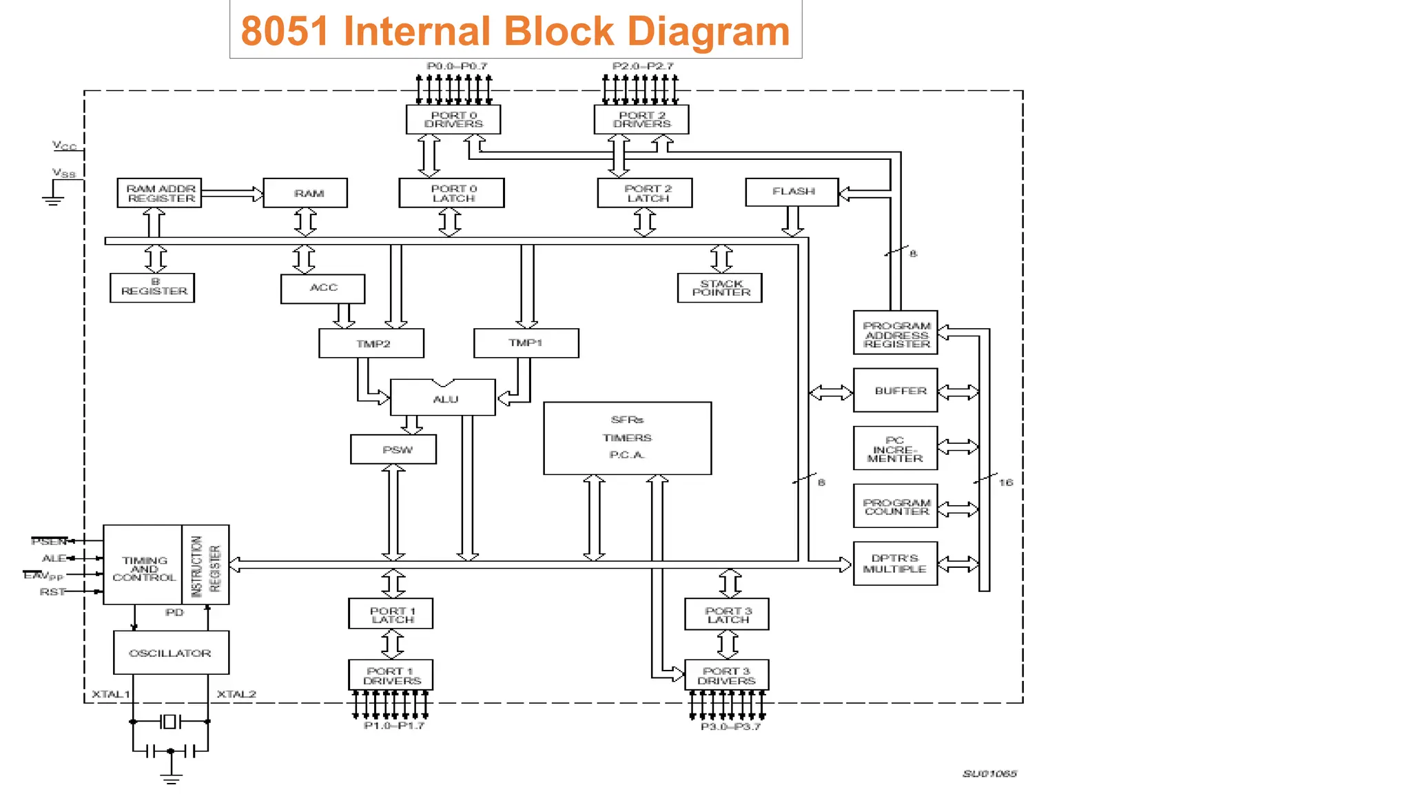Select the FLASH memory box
792,192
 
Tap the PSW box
393,449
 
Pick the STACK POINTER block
720,288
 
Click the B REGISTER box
152,287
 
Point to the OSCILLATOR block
171,653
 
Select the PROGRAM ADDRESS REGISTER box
895,334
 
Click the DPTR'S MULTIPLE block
895,564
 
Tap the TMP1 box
526,343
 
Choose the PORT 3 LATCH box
727,615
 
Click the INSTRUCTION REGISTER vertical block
205,565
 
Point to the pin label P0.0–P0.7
457,66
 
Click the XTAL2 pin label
236,694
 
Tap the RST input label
52,592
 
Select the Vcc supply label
64,145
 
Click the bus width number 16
1006,482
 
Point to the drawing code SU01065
989,774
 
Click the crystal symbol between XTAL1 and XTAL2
170,722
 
